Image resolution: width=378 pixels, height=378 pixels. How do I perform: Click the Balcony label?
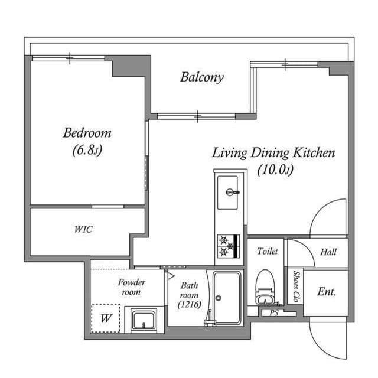click(202, 77)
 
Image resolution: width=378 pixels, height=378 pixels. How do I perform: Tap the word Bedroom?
click(87, 133)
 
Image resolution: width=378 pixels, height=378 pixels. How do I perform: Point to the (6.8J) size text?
click(87, 150)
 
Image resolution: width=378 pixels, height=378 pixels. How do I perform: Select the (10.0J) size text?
click(275, 170)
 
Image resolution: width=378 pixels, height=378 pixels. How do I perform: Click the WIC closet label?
click(83, 229)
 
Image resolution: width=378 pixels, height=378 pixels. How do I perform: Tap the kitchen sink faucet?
click(233, 192)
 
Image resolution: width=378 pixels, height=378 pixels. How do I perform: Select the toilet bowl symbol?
click(265, 287)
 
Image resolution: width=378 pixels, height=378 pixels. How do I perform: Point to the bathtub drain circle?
click(219, 298)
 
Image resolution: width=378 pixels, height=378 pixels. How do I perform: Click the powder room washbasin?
click(144, 320)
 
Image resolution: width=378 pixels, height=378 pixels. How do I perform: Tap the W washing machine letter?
click(106, 318)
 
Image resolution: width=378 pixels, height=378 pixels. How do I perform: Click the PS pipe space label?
click(274, 313)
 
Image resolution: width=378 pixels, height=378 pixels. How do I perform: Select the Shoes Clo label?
click(296, 286)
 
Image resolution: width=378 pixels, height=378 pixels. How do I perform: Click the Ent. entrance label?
click(327, 292)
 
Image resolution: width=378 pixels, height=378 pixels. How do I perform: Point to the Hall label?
click(328, 252)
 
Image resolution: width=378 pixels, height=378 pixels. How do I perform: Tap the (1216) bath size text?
click(189, 305)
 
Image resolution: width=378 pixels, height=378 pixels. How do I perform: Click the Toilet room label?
click(268, 251)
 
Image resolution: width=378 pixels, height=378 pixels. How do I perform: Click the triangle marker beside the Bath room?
click(171, 276)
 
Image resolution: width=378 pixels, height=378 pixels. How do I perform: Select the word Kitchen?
click(314, 152)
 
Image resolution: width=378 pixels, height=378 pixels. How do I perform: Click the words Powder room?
click(131, 287)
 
